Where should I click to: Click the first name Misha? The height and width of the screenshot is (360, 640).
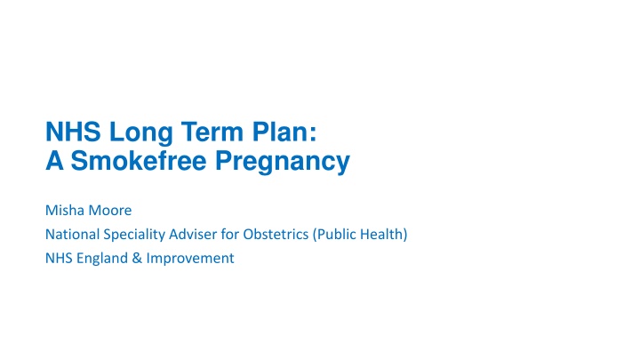[63, 212]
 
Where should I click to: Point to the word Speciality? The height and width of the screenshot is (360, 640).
[132, 236]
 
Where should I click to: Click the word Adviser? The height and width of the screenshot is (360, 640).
[192, 236]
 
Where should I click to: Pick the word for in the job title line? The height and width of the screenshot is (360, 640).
[228, 236]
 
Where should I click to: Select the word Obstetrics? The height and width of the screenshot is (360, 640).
[271, 236]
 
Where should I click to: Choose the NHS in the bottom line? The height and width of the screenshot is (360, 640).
[56, 260]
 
